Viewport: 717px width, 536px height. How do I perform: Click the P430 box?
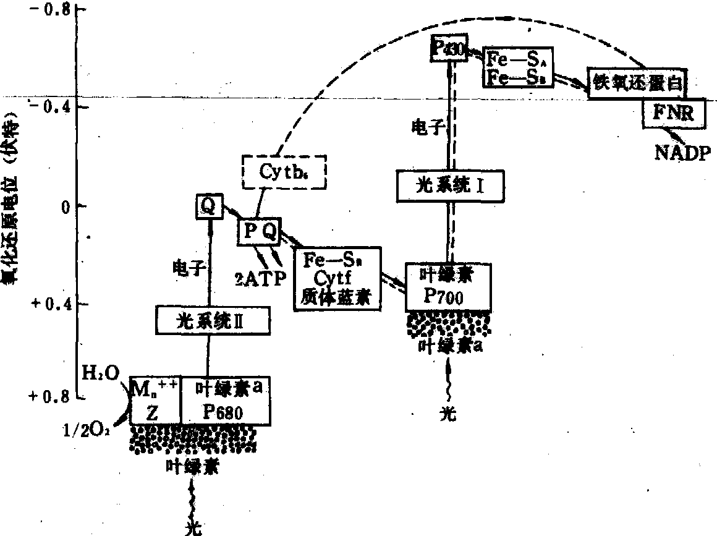[448, 48]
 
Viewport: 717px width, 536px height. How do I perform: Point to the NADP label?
[683, 153]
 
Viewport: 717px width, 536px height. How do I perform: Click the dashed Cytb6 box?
[283, 170]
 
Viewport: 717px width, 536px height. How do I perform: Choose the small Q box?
[208, 206]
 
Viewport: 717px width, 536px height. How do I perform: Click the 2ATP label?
[261, 278]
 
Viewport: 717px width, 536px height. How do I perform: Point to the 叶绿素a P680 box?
[226, 401]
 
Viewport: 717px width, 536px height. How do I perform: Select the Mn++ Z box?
[155, 401]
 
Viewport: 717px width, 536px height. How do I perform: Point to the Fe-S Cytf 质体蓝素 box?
[337, 279]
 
